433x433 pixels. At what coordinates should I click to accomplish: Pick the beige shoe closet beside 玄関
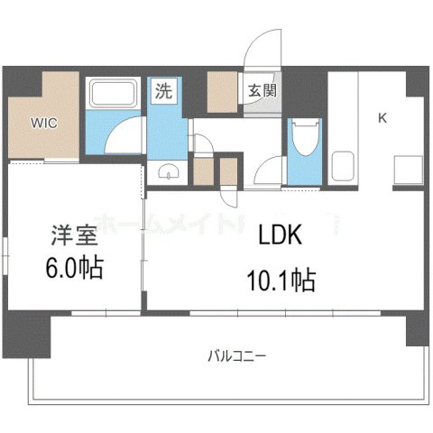220,90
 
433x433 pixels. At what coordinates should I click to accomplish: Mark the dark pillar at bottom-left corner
18,334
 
